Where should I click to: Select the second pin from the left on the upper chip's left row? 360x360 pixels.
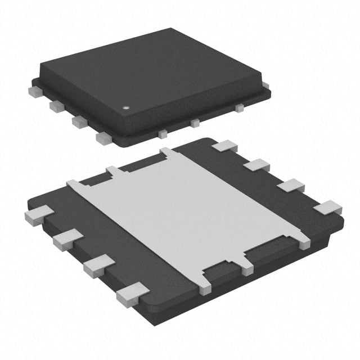coord(56,105)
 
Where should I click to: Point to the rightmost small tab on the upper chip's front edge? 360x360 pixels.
coord(239,107)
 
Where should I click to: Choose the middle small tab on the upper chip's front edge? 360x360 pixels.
coord(195,123)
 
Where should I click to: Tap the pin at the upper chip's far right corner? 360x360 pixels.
coord(265,85)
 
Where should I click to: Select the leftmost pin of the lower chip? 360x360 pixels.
coord(39,215)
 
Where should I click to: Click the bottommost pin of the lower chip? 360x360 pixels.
coord(133,294)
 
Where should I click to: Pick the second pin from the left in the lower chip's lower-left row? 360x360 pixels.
coord(67,238)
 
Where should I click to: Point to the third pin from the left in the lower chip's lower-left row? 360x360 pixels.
coord(98,264)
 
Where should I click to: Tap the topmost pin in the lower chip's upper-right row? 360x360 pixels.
coord(225,146)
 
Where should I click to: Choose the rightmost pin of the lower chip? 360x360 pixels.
coord(327,208)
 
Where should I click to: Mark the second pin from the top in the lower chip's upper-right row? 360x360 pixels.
coord(257,165)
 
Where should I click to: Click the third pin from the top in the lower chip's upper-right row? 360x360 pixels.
coord(291,186)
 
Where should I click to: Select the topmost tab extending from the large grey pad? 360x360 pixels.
coord(168,152)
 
